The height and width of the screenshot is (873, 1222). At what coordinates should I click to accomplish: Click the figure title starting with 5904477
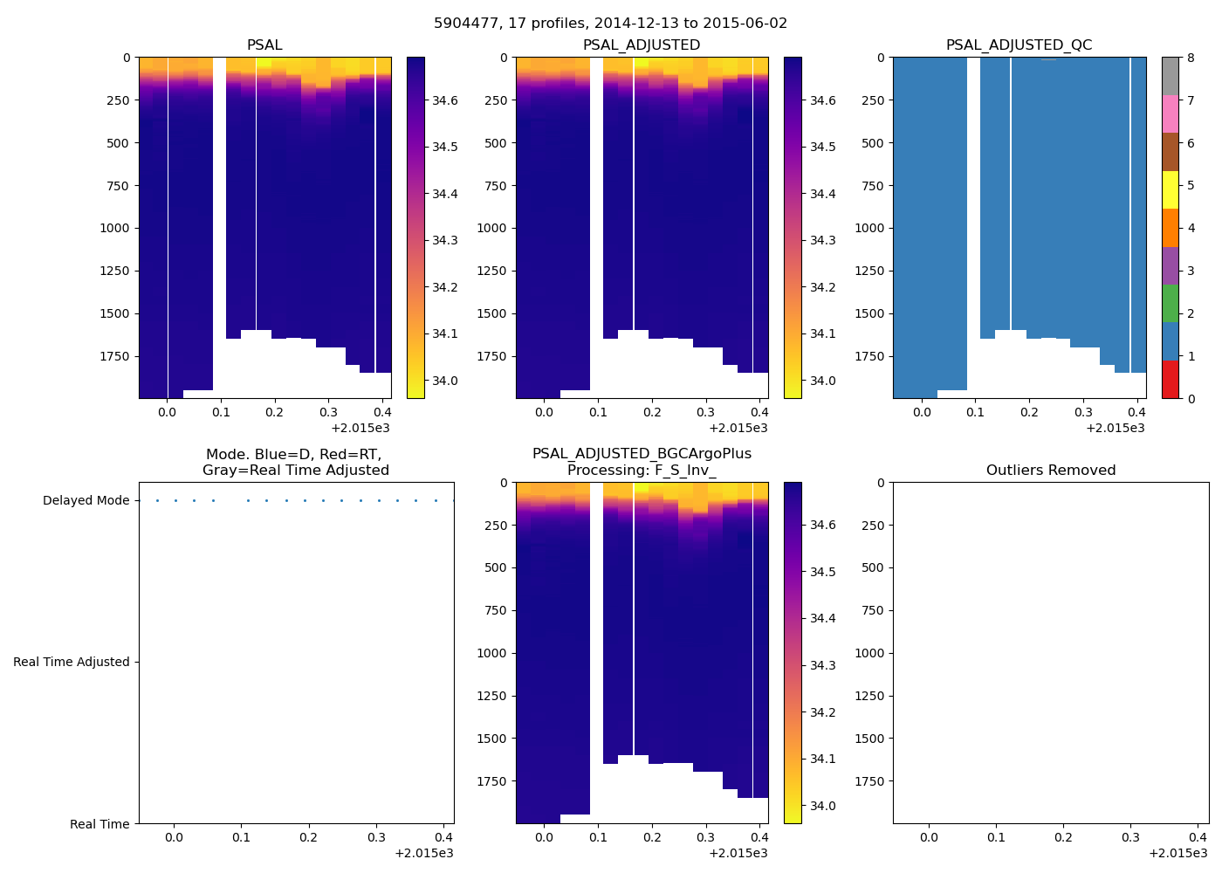tap(610, 24)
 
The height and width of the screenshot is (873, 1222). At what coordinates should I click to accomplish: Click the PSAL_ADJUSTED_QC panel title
tap(1019, 45)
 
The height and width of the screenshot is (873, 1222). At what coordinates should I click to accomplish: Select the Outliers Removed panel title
tap(1050, 471)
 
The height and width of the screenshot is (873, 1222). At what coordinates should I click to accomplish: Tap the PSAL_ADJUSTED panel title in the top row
tap(642, 45)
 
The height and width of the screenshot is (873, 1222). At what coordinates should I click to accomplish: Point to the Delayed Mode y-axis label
tap(86, 501)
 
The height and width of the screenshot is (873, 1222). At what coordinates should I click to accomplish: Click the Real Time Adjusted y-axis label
tap(71, 663)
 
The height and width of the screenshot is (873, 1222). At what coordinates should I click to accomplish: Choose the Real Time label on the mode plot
tap(100, 824)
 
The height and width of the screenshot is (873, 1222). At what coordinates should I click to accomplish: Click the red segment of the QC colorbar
tap(1170, 380)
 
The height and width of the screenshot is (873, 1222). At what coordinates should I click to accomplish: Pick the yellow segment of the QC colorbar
tap(1170, 190)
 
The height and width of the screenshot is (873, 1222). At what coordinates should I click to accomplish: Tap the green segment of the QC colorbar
tap(1170, 304)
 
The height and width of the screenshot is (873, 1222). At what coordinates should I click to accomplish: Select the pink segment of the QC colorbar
tap(1170, 114)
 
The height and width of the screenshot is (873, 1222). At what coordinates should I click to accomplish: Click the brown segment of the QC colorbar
tap(1170, 152)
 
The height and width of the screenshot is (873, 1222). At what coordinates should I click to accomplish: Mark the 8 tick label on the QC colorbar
tap(1191, 58)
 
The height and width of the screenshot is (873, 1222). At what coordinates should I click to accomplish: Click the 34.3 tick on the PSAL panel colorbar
tap(445, 241)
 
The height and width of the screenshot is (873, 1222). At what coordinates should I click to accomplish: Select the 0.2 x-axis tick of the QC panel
tap(1030, 413)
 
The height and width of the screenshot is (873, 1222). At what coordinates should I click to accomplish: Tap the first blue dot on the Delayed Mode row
tap(157, 501)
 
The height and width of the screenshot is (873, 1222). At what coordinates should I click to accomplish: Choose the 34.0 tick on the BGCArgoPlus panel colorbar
tap(822, 806)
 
